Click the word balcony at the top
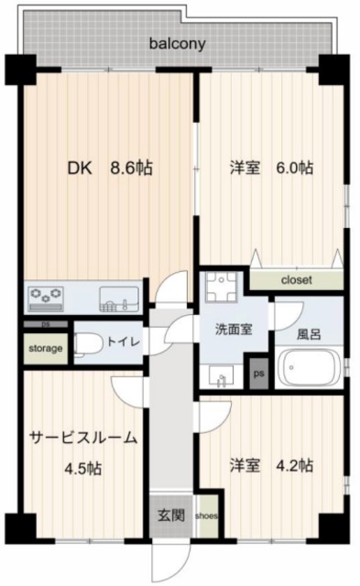click(x=178, y=43)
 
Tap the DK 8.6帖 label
click(x=110, y=168)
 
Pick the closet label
click(x=297, y=280)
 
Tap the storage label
click(x=45, y=349)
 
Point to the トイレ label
click(x=122, y=342)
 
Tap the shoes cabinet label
click(x=206, y=517)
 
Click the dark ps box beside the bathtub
click(x=258, y=373)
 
